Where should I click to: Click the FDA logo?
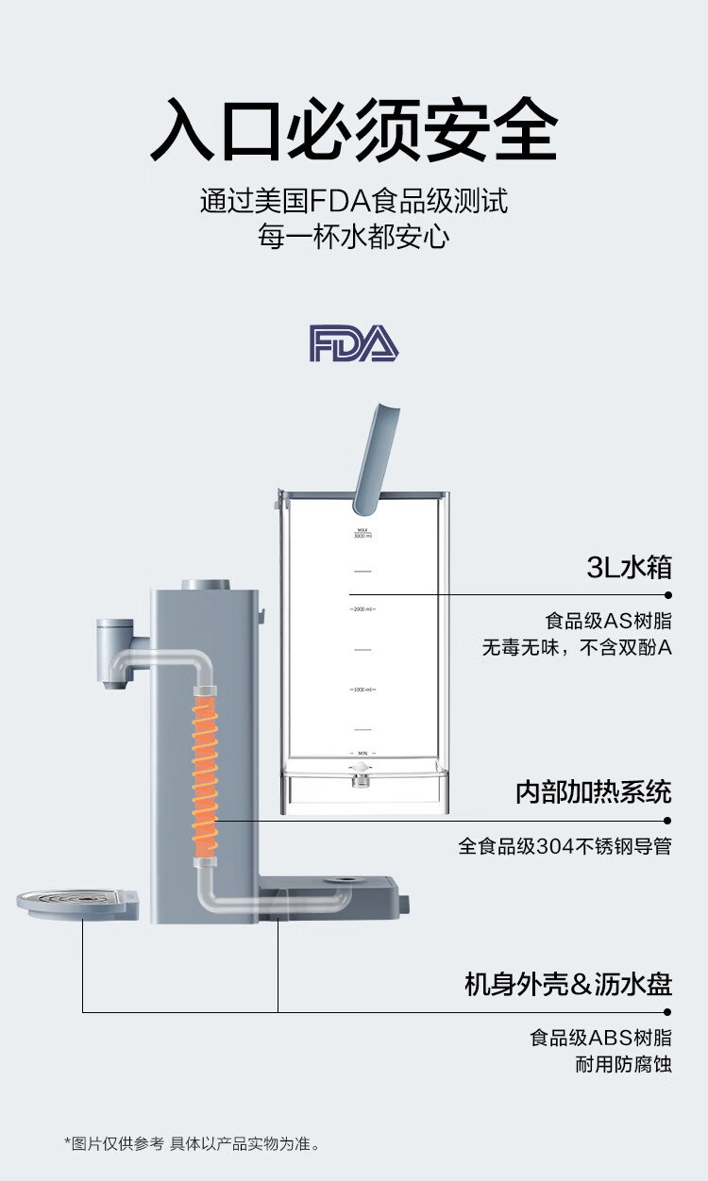pos(353,343)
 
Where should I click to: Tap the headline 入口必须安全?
pos(354,129)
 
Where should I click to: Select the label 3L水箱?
pos(630,568)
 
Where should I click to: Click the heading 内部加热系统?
pos(594,792)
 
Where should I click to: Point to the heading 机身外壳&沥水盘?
pos(568,985)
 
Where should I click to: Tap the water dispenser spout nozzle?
pos(114,684)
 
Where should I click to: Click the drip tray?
pos(77,905)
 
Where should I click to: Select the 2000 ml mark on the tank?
pos(362,609)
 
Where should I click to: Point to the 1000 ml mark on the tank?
pos(362,690)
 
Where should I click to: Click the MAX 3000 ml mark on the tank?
pos(362,533)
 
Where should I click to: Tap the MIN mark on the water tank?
pos(362,754)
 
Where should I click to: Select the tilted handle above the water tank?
pos(375,458)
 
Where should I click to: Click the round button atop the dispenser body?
pos(206,585)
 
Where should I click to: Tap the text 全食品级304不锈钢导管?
pos(565,846)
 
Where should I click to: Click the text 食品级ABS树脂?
pos(601,1038)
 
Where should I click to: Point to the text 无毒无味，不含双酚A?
pos(577,647)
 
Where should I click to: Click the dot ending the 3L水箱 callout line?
pos(668,595)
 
